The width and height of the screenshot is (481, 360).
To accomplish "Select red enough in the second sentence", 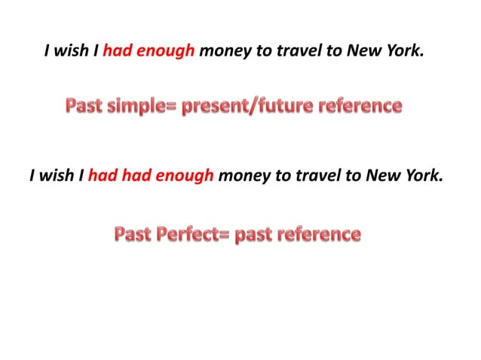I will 183,176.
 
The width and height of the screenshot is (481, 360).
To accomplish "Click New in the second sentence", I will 381,176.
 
